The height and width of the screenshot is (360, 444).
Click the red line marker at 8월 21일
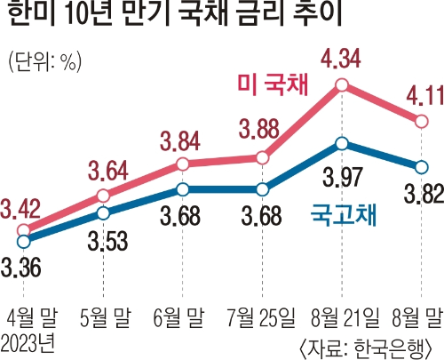(x=343, y=86)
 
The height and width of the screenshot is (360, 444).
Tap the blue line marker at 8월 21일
(x=343, y=143)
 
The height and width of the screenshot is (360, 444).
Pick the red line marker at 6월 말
(x=182, y=164)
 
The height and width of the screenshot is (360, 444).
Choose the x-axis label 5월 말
(x=104, y=313)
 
